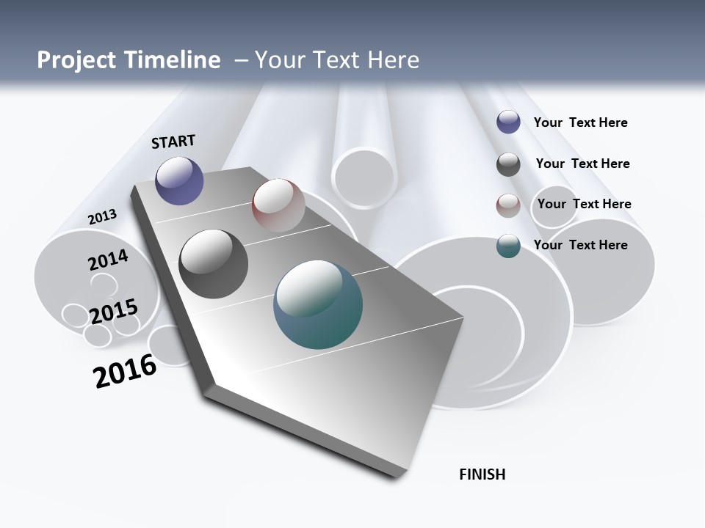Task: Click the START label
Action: pos(173,142)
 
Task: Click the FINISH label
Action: pos(482,474)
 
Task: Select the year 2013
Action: pos(103,216)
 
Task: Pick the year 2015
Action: pos(114,312)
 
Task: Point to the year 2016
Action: pos(125,371)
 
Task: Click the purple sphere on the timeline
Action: pos(179,180)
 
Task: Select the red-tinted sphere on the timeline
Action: pos(278,205)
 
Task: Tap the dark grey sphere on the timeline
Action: pos(213,264)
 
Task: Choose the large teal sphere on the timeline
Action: pos(317,304)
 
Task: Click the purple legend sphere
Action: pos(508,122)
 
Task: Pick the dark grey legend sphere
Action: pos(508,164)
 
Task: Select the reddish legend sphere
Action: pos(508,205)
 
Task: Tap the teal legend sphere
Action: pos(508,246)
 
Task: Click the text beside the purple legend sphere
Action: pos(580,122)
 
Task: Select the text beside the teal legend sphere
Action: pos(580,245)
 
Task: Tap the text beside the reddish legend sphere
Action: pos(584,204)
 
